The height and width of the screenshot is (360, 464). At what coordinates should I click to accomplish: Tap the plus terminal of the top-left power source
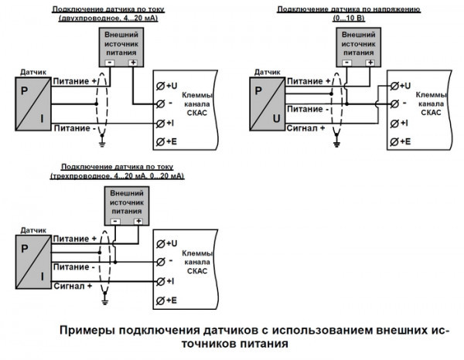(133, 62)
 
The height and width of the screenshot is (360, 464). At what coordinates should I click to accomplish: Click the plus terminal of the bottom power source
(138, 221)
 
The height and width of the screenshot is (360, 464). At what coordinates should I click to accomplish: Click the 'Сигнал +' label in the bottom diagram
(73, 287)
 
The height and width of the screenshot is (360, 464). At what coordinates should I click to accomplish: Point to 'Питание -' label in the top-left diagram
(76, 128)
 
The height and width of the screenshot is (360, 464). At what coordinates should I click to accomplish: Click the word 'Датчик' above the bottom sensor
(32, 230)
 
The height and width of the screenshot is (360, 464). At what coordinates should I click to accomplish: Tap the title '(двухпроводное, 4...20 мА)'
(104, 18)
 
